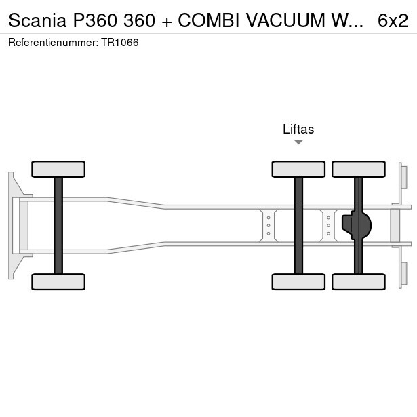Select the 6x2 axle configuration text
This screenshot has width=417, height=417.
pyautogui.click(x=393, y=21)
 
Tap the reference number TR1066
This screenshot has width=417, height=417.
pyautogui.click(x=121, y=43)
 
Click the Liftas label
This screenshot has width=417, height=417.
pyautogui.click(x=298, y=130)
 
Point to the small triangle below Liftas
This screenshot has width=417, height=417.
pyautogui.click(x=298, y=142)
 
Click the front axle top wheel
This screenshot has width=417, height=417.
pyautogui.click(x=58, y=169)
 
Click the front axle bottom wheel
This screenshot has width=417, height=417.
pyautogui.click(x=58, y=281)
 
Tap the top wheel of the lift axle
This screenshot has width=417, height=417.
pyautogui.click(x=298, y=169)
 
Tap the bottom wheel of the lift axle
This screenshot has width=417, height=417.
pyautogui.click(x=298, y=281)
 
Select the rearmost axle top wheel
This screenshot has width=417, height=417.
pyautogui.click(x=359, y=169)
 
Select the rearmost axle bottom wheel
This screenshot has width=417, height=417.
pyautogui.click(x=359, y=281)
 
